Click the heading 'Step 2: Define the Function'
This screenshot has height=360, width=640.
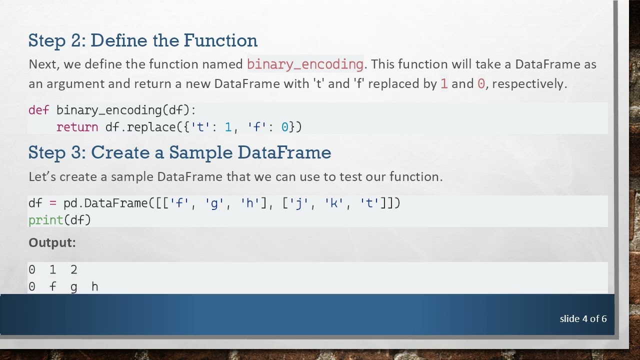pyautogui.click(x=143, y=40)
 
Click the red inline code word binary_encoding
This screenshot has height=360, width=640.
pyautogui.click(x=305, y=64)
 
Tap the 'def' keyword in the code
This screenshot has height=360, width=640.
pyautogui.click(x=38, y=110)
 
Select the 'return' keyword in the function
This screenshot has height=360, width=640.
pyautogui.click(x=77, y=127)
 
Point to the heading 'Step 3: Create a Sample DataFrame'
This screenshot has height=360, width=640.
pyautogui.click(x=179, y=152)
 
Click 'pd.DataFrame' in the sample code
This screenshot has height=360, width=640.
pyautogui.click(x=105, y=203)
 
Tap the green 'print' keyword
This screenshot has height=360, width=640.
pyautogui.click(x=45, y=220)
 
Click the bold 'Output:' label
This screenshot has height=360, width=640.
pyautogui.click(x=52, y=243)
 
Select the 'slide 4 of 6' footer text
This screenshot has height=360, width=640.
pyautogui.click(x=583, y=319)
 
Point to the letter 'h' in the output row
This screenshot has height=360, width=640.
pyautogui.click(x=94, y=286)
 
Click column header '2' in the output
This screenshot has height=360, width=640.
pyautogui.click(x=74, y=270)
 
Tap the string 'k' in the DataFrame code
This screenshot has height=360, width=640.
pyautogui.click(x=333, y=203)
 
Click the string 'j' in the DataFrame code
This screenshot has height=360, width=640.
pyautogui.click(x=299, y=203)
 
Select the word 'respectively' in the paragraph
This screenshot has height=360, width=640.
pyautogui.click(x=528, y=84)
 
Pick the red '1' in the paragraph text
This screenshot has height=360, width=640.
pyautogui.click(x=443, y=84)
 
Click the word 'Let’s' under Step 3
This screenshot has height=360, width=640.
pyautogui.click(x=42, y=176)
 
